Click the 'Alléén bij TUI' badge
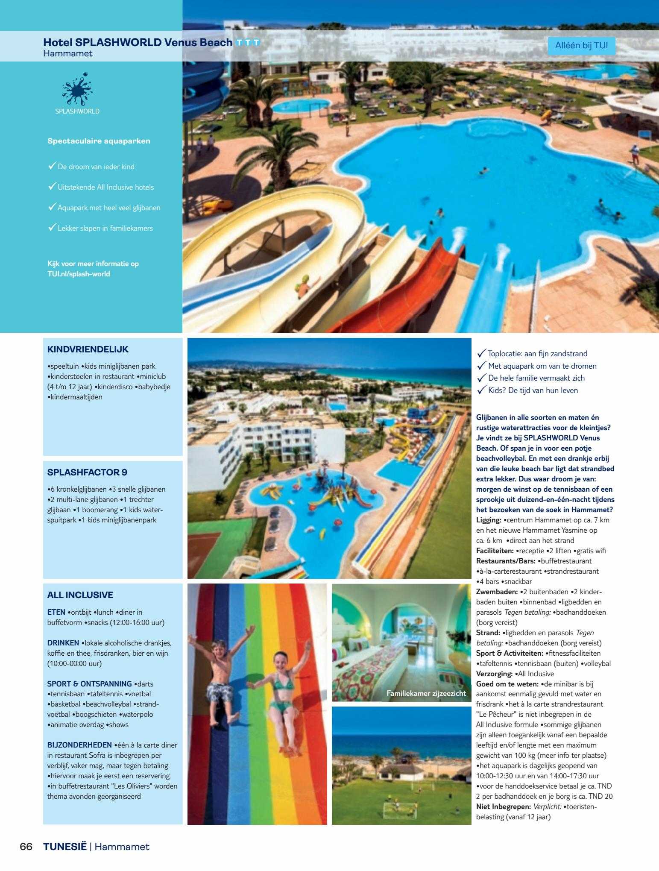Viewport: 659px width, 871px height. pyautogui.click(x=581, y=46)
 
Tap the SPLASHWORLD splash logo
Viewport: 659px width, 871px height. pyautogui.click(x=77, y=90)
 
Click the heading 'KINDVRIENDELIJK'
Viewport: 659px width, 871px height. pyautogui.click(x=88, y=349)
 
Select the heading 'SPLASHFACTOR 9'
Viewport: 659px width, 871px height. pyautogui.click(x=87, y=472)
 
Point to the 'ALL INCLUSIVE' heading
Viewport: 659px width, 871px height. pyautogui.click(x=80, y=595)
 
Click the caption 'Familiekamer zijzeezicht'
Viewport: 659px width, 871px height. pyautogui.click(x=426, y=693)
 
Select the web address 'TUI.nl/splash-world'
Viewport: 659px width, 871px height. pyautogui.click(x=79, y=274)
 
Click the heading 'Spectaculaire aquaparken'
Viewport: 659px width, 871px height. pyautogui.click(x=99, y=141)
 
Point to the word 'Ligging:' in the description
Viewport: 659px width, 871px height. pyautogui.click(x=489, y=520)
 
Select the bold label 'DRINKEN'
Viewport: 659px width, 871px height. pyautogui.click(x=63, y=643)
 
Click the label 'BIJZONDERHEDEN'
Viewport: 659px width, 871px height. pyautogui.click(x=80, y=745)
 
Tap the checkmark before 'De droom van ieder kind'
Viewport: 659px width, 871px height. pyautogui.click(x=52, y=166)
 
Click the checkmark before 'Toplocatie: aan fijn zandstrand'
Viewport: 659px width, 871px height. pyautogui.click(x=481, y=353)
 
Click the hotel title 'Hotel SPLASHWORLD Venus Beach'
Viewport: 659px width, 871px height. pyautogui.click(x=138, y=42)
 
